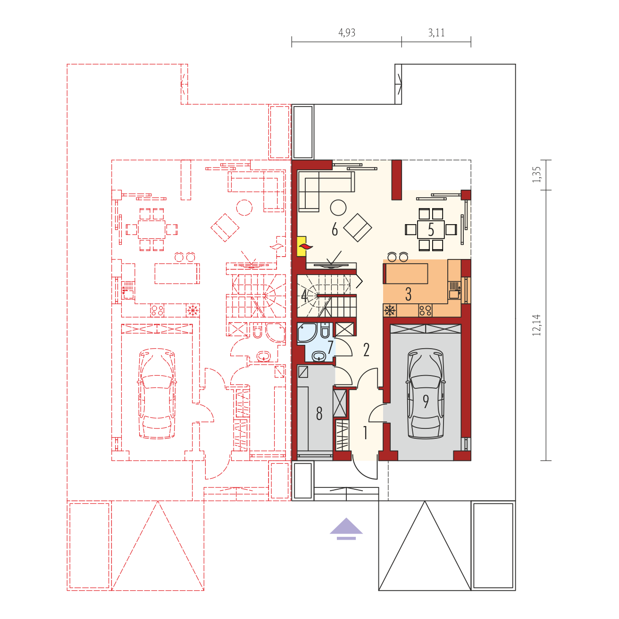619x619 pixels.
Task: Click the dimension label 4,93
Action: [x=347, y=33]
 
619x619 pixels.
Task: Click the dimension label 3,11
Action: [x=436, y=33]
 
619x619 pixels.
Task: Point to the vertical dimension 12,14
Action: [x=536, y=325]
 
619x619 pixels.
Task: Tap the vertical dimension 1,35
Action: [x=536, y=175]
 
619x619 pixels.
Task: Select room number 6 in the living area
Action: [x=335, y=230]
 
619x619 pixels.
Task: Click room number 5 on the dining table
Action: [x=431, y=230]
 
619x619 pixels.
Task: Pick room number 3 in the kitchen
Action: [x=408, y=294]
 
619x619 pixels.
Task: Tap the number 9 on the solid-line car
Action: [x=426, y=401]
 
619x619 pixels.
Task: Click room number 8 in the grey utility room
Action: [x=319, y=413]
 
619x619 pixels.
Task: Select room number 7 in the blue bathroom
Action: [x=330, y=347]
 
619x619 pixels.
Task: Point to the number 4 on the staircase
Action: [x=304, y=295]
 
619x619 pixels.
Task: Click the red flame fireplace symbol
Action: [x=305, y=246]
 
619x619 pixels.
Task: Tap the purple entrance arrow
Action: [x=346, y=529]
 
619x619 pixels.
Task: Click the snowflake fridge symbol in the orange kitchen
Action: [x=390, y=310]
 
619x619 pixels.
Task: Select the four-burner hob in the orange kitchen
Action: [x=425, y=310]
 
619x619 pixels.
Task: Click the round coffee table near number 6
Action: [x=338, y=208]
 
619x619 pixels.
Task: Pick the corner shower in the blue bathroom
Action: [x=307, y=333]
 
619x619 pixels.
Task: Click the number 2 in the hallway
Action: [x=366, y=350]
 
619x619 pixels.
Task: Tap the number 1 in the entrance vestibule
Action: [x=365, y=433]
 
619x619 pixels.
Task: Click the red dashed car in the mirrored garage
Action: [x=157, y=393]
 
